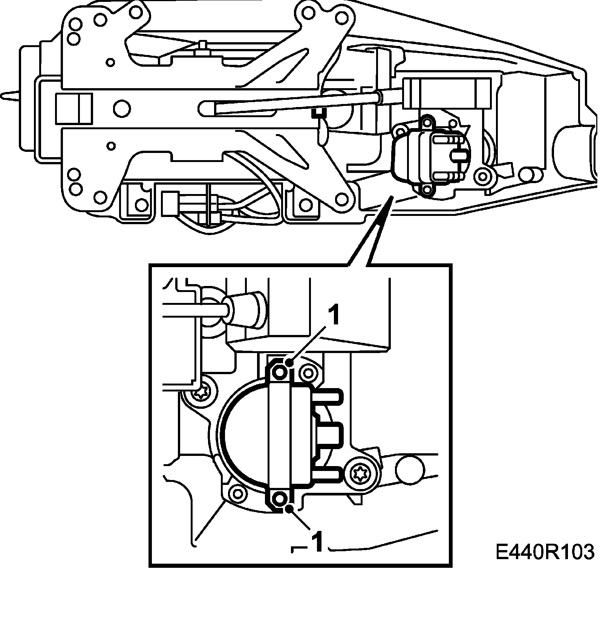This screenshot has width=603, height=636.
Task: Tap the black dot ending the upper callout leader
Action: pyautogui.click(x=289, y=363)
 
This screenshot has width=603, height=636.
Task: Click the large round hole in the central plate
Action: pyautogui.click(x=122, y=109)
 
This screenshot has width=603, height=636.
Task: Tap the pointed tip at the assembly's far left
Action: pyautogui.click(x=2, y=94)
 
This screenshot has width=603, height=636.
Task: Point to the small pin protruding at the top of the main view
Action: pyautogui.click(x=203, y=44)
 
